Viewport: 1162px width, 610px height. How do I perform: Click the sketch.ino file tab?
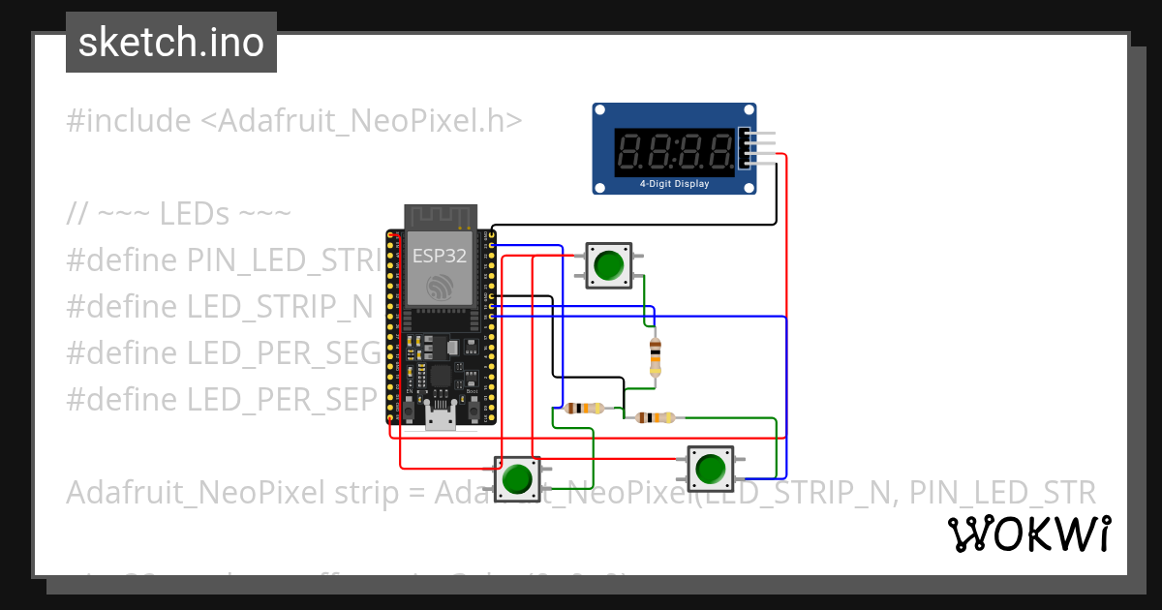170,43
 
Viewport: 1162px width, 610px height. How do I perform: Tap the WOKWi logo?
1028,534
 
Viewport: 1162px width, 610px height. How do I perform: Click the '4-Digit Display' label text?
674,184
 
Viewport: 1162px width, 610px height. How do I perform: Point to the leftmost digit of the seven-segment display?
630,150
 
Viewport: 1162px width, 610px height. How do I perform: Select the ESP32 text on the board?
440,257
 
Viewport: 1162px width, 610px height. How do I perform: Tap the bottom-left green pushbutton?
517,477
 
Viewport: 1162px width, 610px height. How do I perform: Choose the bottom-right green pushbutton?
710,469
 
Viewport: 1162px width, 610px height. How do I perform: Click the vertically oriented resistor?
656,356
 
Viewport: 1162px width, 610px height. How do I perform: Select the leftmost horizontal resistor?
584,408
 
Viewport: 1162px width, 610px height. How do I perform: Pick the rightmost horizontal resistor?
656,418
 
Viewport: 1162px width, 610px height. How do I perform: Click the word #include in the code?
129,121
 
